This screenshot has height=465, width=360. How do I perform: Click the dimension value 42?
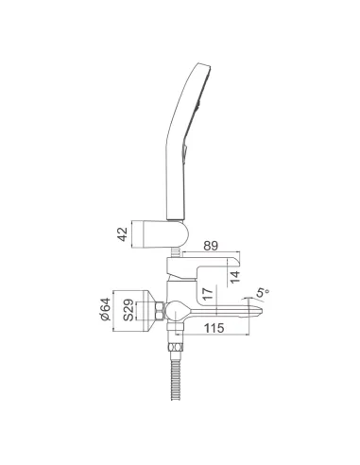[x=123, y=234]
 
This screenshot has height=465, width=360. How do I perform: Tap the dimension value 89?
[x=211, y=246]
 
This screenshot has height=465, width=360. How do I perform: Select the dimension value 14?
[x=234, y=276]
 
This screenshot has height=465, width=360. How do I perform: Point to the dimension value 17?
[x=208, y=293]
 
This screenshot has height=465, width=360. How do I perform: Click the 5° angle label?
[x=262, y=293]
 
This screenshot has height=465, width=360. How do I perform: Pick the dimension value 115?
[x=214, y=328]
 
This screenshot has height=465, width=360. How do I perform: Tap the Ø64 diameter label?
[x=105, y=309]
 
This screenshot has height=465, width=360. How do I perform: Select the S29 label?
[x=129, y=311]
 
